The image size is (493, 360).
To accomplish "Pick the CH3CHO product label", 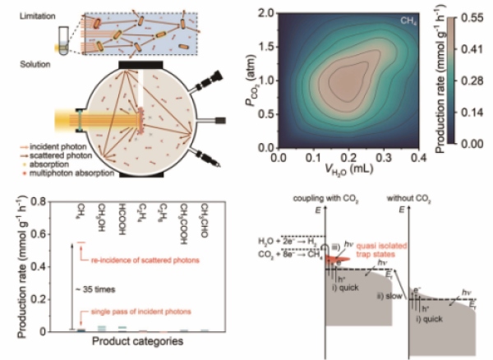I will (205, 215).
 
